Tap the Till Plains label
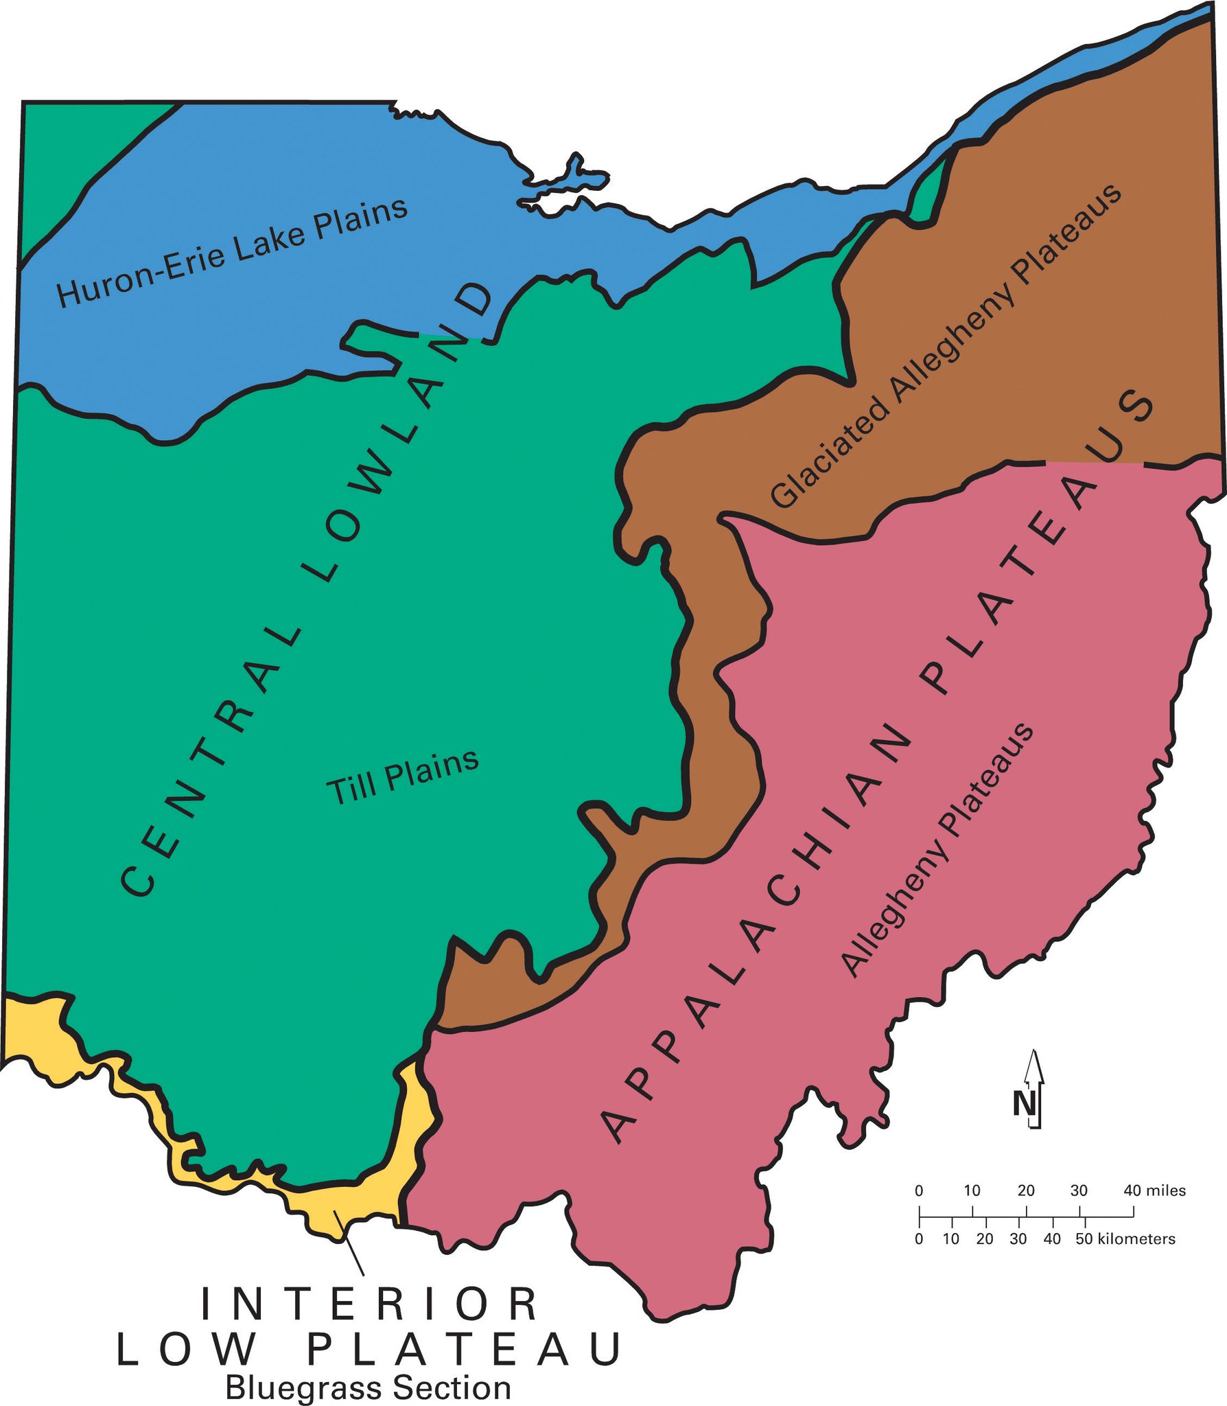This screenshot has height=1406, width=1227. click(402, 776)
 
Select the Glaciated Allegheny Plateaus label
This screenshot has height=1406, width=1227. click(946, 346)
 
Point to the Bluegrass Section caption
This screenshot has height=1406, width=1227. click(369, 1387)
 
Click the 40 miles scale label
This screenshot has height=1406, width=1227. click(1154, 1190)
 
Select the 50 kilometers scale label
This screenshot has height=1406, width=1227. click(1125, 1238)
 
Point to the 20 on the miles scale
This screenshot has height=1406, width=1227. click(1026, 1190)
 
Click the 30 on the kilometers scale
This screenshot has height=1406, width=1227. click(1018, 1238)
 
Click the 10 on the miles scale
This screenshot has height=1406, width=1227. click(972, 1190)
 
